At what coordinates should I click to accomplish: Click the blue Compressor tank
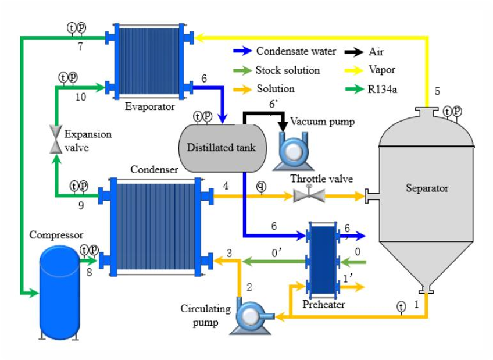pos(58,291)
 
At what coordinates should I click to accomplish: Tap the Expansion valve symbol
pos(55,139)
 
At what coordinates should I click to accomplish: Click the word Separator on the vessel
pos(427,188)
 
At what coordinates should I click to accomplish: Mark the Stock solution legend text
pos(287,70)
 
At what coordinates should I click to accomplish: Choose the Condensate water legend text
pos(296,51)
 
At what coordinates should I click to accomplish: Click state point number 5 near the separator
pos(437,91)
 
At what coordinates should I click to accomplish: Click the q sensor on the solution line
pos(262,186)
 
